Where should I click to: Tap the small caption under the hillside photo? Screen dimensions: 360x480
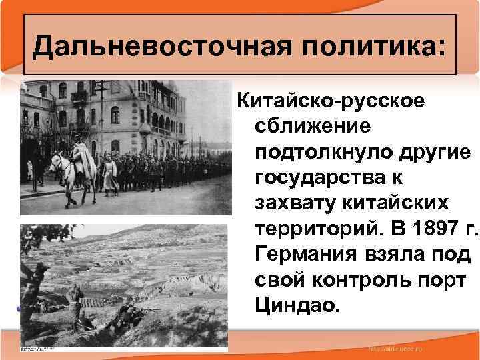(x=42, y=349)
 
